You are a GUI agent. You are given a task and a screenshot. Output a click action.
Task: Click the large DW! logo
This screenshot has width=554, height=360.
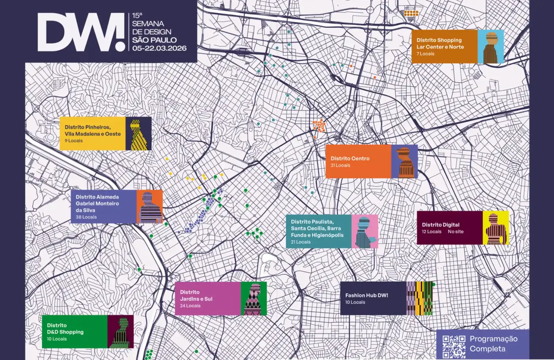pyautogui.click(x=81, y=32)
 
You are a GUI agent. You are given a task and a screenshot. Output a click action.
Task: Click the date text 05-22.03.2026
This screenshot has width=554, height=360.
pyautogui.click(x=159, y=48)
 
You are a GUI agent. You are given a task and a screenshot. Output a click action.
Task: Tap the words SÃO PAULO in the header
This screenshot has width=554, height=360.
pyautogui.click(x=154, y=40)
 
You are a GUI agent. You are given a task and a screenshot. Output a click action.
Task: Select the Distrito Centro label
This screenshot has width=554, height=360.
pyautogui.click(x=350, y=158)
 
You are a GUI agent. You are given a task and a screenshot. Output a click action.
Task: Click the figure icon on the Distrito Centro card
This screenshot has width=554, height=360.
pyautogui.click(x=404, y=161)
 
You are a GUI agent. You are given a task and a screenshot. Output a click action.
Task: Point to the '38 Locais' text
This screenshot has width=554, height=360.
pyautogui.click(x=86, y=217)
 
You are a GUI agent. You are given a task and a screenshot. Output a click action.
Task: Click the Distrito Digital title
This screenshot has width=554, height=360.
pyautogui.click(x=440, y=225)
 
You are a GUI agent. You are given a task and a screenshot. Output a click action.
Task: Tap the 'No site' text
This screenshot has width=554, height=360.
pyautogui.click(x=455, y=232)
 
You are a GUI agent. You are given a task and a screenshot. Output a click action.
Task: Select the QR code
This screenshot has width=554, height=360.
pyautogui.click(x=454, y=346)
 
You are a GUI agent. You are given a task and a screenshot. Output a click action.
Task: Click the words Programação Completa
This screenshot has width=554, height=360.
pyautogui.click(x=493, y=344)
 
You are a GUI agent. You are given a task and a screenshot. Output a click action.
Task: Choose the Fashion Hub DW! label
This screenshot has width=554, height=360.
pyautogui.click(x=366, y=296)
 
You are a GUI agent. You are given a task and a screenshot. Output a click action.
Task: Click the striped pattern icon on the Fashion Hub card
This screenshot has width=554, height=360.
pyautogui.click(x=419, y=298)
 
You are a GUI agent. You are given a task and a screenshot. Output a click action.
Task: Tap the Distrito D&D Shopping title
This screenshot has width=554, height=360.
pyautogui.click(x=65, y=329)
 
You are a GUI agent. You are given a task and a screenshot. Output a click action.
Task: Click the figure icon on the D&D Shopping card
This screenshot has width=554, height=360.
pyautogui.click(x=120, y=332)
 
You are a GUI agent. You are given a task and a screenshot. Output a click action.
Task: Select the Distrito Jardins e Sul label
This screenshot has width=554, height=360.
pyautogui.click(x=196, y=296)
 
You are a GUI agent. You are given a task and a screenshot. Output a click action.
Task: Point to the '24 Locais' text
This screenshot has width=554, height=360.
pyautogui.click(x=190, y=306)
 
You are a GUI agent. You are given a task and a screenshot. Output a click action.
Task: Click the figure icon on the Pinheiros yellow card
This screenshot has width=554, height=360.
pyautogui.click(x=138, y=134)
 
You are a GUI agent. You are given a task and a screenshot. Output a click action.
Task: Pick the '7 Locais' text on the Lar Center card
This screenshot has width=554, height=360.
pyautogui.click(x=425, y=54)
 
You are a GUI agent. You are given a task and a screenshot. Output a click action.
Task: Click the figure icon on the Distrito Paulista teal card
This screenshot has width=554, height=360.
pyautogui.click(x=364, y=232)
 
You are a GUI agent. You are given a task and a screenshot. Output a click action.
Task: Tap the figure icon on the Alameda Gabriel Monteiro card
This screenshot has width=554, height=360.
pyautogui.click(x=149, y=207)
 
